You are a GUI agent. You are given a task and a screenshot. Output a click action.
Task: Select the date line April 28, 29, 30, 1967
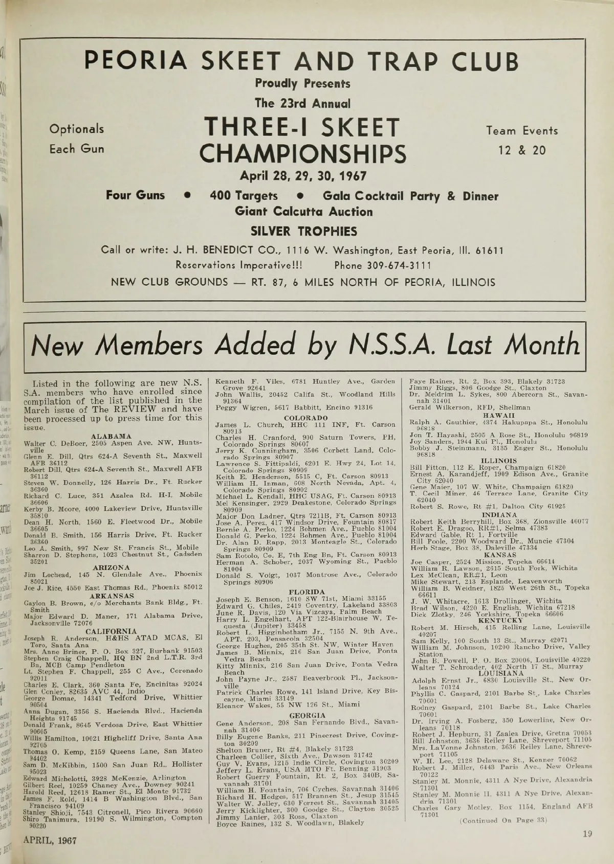pos(303,176)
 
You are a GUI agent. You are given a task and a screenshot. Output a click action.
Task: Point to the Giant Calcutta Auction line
pos(303,212)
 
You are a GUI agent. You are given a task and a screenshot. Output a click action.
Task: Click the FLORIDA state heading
pos(306,592)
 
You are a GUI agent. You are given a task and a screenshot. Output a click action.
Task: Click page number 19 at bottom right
pos(587,834)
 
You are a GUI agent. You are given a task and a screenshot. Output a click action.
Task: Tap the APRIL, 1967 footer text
pos(50,840)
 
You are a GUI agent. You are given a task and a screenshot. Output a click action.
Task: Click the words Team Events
pos(522,130)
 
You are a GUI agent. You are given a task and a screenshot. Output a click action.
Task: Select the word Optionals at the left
pos(76,129)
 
